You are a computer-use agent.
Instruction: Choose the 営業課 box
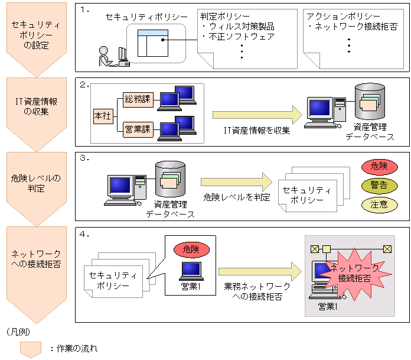(x=137, y=129)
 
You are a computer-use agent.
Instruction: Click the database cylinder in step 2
(x=369, y=102)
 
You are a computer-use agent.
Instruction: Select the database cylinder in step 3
(x=170, y=178)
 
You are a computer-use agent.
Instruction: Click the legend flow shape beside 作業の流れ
(x=31, y=349)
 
